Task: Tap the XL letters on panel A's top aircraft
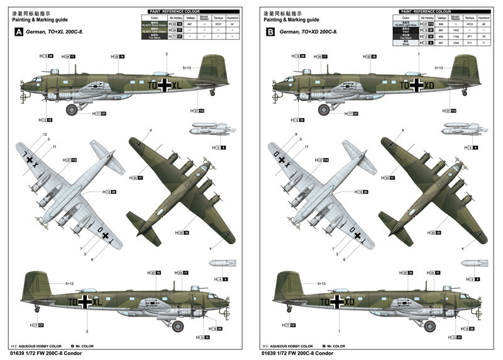click(176, 84)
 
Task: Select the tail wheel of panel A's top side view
click(213, 93)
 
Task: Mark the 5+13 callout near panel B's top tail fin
click(438, 67)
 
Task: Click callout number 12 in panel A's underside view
click(45, 135)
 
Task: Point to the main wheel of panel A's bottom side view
click(177, 326)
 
